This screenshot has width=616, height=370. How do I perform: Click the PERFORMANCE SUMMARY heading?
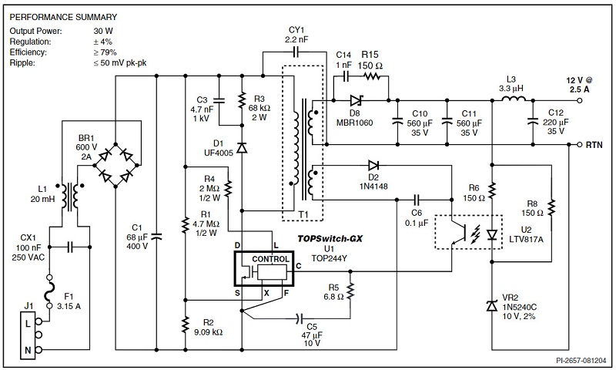[x=64, y=16]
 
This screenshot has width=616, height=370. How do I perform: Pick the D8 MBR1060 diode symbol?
[x=355, y=100]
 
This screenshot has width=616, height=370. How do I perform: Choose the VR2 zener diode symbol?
[x=492, y=306]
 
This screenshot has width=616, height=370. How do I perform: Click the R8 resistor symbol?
[x=552, y=207]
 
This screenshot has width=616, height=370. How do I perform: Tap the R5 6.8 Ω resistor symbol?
[x=350, y=291]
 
